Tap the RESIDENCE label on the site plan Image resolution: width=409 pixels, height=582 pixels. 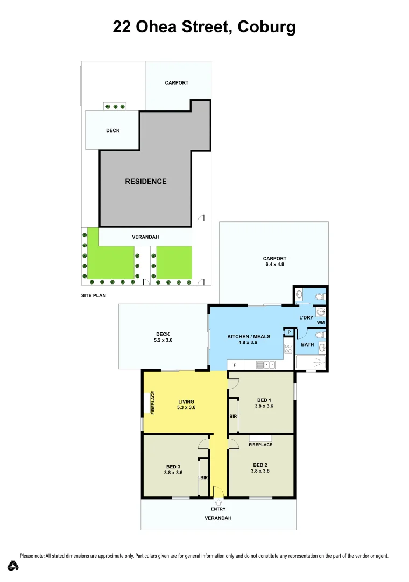pos(146,181)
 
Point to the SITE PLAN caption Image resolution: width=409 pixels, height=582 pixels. pos(94,296)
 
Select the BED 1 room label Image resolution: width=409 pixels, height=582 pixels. pos(264,399)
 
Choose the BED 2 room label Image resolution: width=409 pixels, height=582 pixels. pos(260,465)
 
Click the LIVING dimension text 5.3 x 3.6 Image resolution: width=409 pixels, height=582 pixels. pos(187,408)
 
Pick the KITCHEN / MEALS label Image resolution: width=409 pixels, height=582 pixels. pos(249,336)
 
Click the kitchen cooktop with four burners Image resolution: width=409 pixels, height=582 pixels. pos(288,348)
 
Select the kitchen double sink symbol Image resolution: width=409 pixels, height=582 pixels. pos(266,365)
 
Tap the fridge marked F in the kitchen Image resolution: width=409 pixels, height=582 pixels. pos(234,365)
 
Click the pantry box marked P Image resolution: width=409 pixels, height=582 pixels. pos(289,332)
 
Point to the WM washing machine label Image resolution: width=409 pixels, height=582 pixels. pos(321,322)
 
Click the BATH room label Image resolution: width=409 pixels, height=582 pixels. pos(307,344)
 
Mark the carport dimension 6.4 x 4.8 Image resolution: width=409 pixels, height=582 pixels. pos(274,265)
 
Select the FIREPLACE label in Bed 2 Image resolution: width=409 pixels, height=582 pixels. pos(260,445)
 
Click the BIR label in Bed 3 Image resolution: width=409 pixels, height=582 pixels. pos(204,477)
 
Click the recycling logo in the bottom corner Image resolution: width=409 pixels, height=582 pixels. pos(13,566)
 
